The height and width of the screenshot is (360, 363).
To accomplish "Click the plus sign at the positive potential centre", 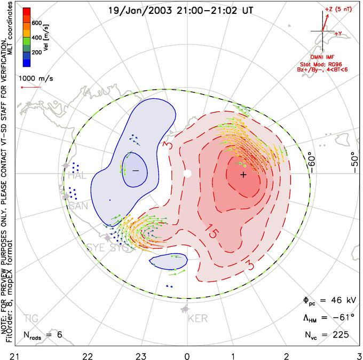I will pyautogui.click(x=243, y=175).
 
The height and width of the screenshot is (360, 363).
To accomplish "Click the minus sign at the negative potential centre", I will pyautogui.click(x=136, y=170).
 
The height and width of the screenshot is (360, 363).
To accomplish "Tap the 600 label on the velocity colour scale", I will pyautogui.click(x=36, y=23).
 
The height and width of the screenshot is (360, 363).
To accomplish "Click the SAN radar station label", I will pyautogui.click(x=78, y=206).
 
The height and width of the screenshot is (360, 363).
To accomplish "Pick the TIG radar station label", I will pyautogui.click(x=31, y=319).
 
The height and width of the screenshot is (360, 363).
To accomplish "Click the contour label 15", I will pyautogui.click(x=211, y=234).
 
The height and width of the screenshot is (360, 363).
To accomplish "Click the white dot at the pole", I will pyautogui.click(x=187, y=174).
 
